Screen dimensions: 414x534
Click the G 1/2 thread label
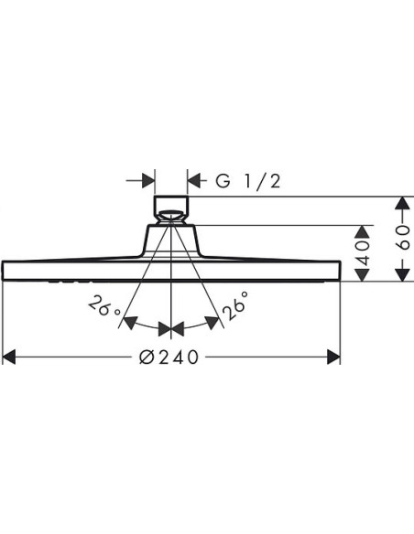point(248,181)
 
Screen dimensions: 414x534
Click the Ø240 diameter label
point(169,358)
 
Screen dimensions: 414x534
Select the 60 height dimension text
point(404,238)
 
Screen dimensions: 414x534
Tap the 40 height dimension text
point(363,253)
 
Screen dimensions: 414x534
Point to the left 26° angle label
point(104,305)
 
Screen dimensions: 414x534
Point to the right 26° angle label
point(235,305)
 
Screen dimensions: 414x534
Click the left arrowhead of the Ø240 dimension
point(9,357)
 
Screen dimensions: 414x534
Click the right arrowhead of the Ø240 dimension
point(333,357)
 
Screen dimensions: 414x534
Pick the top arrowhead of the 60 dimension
point(403,203)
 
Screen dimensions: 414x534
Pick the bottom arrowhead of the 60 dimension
point(403,275)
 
